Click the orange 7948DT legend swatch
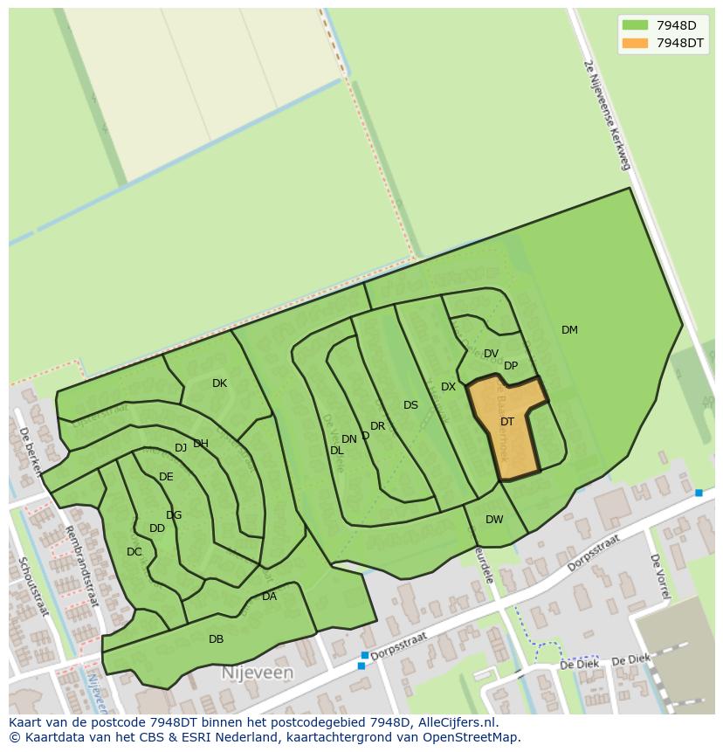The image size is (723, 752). point(636,43)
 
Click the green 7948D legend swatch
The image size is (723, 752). point(636,25)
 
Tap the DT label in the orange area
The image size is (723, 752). point(507,422)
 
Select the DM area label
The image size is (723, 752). point(569,330)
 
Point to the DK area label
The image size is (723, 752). point(219,383)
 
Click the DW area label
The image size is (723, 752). point(494,520)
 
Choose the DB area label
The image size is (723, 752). point(216,639)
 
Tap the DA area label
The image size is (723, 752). point(269,597)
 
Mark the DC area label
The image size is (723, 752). point(134,552)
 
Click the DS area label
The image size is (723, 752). point(410,405)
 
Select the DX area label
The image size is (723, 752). point(448,387)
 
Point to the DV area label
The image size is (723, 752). point(491,354)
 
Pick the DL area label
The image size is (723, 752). point(336,451)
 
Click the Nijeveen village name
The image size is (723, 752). point(258,673)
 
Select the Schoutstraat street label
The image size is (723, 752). point(35,586)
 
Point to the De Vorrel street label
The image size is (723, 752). point(659,577)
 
